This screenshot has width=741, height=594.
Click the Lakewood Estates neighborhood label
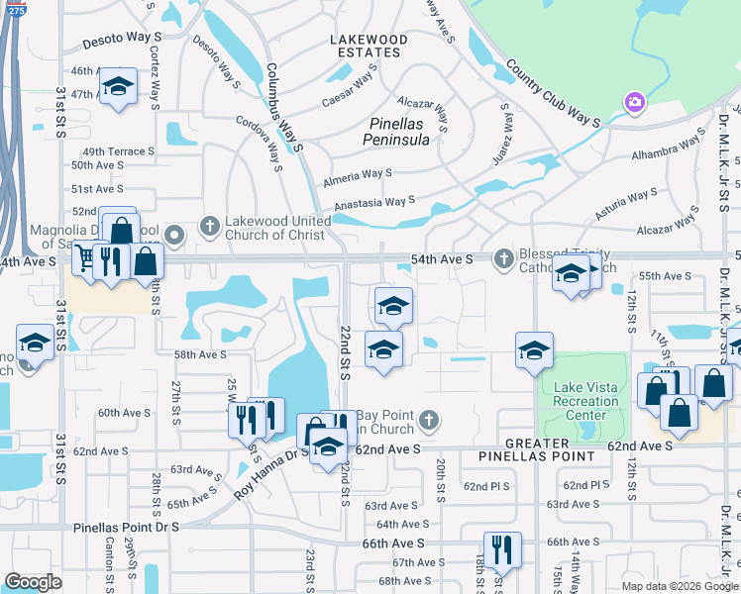(x=369, y=46)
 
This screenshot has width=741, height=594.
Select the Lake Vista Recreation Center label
(x=586, y=401)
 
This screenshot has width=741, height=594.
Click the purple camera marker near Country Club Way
(x=634, y=101)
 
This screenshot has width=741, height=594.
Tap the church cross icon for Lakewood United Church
(x=209, y=226)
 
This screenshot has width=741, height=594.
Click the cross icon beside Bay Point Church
(x=429, y=420)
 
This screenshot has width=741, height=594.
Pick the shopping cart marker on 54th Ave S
(x=85, y=260)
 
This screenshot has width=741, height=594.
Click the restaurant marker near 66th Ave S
(x=502, y=549)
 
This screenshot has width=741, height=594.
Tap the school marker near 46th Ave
(x=118, y=87)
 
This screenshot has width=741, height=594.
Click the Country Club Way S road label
(x=553, y=95)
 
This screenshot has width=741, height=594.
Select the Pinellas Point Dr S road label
(x=127, y=528)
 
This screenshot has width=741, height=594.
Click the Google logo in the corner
(x=33, y=582)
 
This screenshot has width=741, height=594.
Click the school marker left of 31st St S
(x=35, y=343)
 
